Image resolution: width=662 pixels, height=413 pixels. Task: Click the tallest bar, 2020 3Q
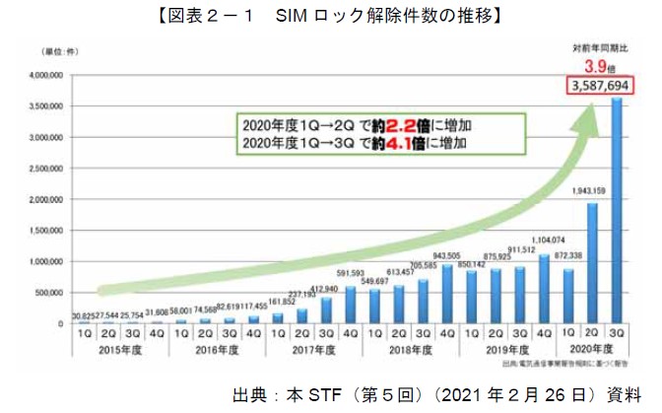click(617, 212)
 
